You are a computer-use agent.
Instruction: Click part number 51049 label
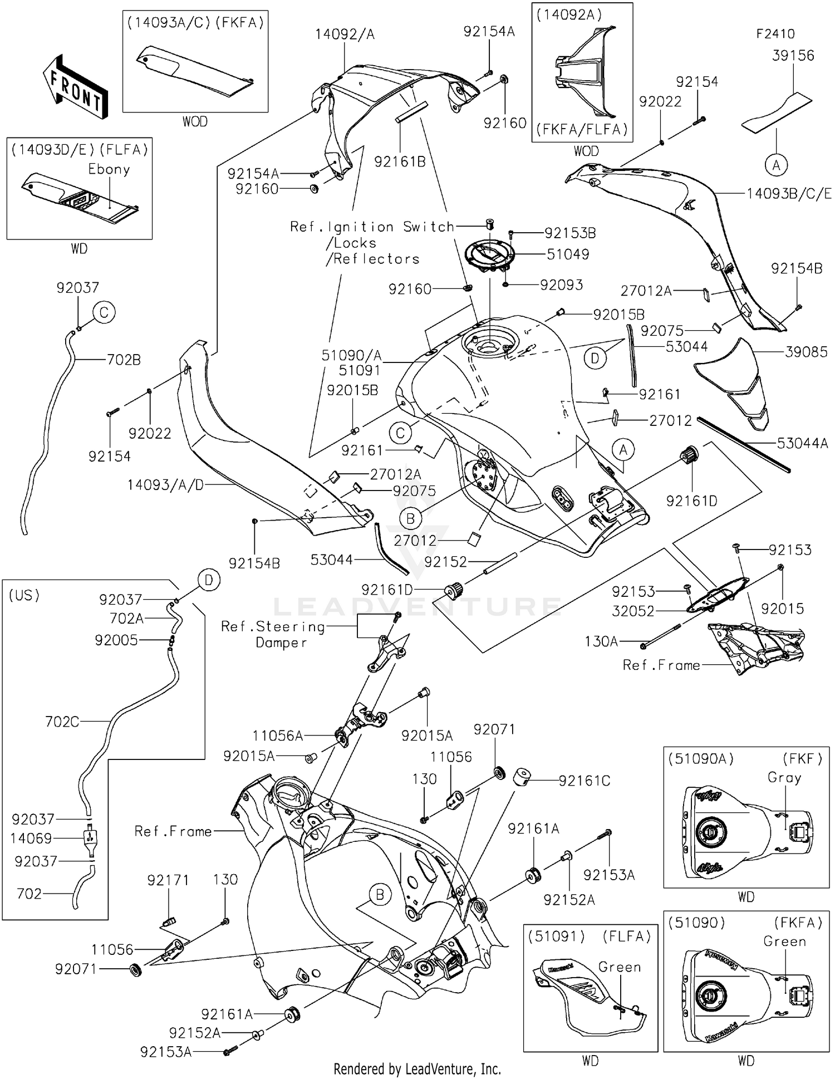[x=567, y=254]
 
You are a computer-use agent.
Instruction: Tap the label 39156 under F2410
[x=793, y=56]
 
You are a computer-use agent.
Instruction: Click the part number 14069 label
[x=31, y=838]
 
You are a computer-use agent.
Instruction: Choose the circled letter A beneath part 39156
[x=776, y=165]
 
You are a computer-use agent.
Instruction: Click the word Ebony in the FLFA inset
[x=109, y=169]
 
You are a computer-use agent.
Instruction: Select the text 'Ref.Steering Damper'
[x=273, y=635]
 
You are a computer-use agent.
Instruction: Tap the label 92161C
[x=584, y=781]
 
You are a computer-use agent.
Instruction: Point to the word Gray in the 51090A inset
[x=784, y=777]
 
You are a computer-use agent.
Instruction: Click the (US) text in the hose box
[x=24, y=595]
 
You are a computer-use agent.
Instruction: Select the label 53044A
[x=802, y=443]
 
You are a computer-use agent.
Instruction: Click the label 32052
[x=633, y=611]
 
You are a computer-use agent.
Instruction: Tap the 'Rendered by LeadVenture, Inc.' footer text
[x=417, y=1068]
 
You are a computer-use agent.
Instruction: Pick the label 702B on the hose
[x=124, y=360]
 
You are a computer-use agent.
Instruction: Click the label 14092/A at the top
[x=345, y=35]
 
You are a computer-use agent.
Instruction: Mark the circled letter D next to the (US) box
[x=209, y=581]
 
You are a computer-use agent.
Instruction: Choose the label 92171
[x=168, y=880]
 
